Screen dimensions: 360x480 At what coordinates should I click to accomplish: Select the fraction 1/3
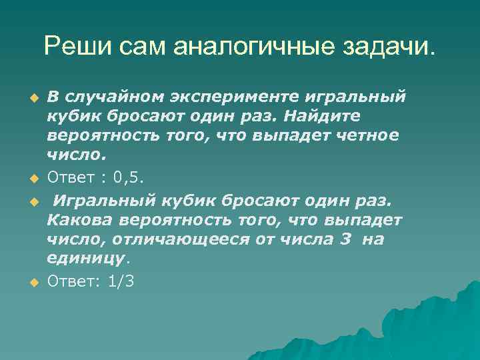[x=121, y=282]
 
